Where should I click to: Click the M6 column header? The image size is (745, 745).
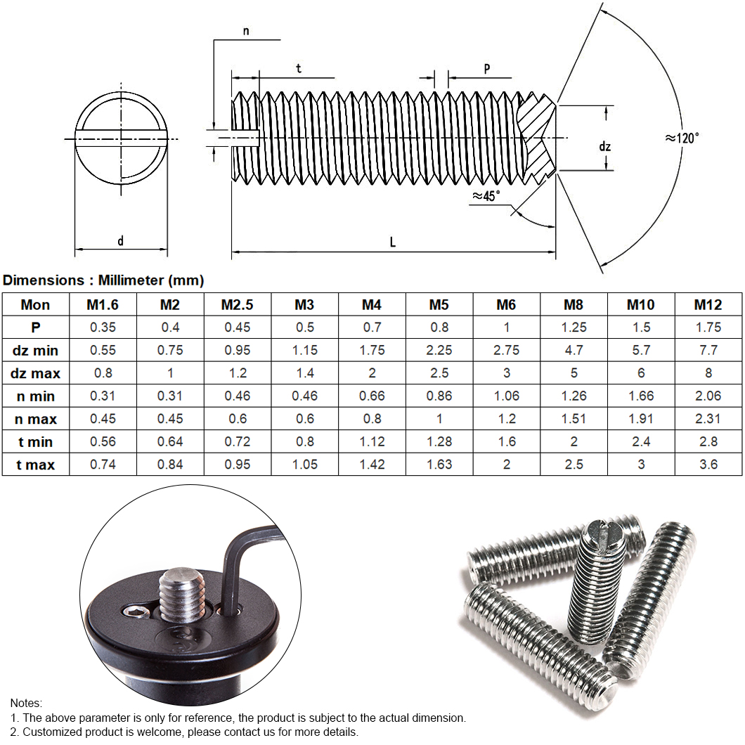[506, 304]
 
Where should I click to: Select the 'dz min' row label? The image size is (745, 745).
[35, 350]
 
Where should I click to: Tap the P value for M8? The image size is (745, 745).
[574, 328]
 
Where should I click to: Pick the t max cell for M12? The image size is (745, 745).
[708, 465]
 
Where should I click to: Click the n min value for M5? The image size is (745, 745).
[439, 396]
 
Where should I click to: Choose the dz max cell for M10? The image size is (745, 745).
[641, 373]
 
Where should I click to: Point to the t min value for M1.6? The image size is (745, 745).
[103, 441]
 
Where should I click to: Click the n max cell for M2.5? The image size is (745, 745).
[238, 419]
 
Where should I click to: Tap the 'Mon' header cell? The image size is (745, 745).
[35, 304]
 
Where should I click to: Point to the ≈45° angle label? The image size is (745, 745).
[486, 196]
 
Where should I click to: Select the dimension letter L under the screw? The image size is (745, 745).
[393, 242]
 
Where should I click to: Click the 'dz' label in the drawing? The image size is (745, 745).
[604, 147]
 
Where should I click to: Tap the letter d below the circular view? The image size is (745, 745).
[120, 241]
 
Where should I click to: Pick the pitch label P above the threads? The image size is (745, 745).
[486, 68]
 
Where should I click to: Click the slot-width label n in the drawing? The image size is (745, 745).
[245, 31]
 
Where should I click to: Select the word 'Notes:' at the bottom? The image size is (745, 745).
[26, 703]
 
